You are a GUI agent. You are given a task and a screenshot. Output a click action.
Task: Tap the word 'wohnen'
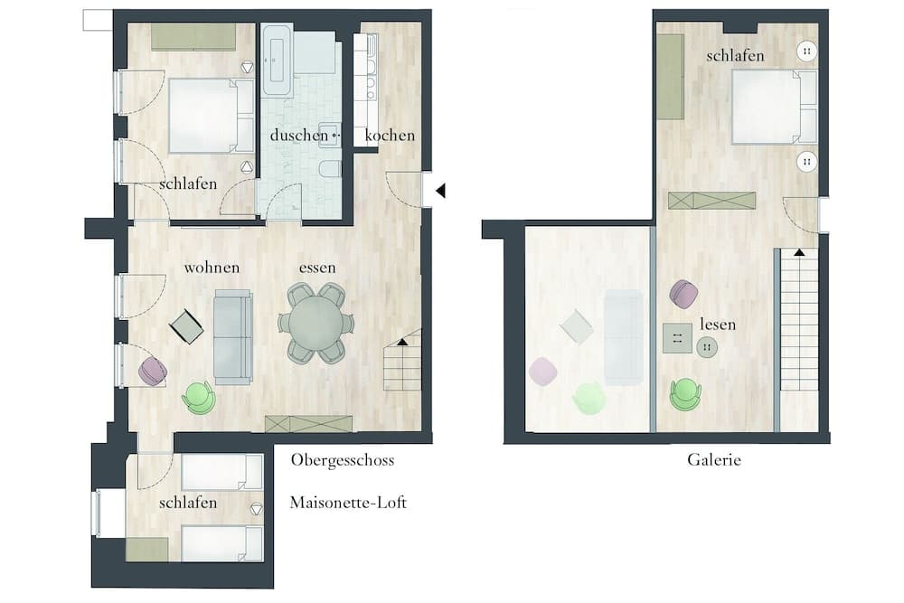tap(212, 268)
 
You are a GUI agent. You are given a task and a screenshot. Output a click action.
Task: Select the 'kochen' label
tap(390, 136)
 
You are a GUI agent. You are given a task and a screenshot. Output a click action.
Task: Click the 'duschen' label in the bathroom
tap(298, 136)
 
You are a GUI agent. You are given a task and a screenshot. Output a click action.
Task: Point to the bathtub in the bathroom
tap(277, 60)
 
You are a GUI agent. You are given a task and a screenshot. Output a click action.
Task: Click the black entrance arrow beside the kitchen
tap(440, 190)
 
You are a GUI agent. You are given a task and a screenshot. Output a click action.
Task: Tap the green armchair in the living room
tap(198, 398)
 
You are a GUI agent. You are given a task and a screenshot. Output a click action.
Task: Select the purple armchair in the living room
tap(153, 372)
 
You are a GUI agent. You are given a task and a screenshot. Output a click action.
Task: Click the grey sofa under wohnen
tap(233, 337)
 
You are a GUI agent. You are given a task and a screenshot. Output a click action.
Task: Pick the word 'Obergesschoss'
tap(343, 460)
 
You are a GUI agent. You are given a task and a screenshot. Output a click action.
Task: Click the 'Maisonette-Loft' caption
tap(348, 502)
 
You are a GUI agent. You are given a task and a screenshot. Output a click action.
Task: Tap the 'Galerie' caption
tap(714, 459)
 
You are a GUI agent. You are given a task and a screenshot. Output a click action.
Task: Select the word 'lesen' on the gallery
tap(718, 325)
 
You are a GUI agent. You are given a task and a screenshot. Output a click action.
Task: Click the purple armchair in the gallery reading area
tap(684, 294)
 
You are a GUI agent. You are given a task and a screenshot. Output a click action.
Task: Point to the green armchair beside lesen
tap(685, 394)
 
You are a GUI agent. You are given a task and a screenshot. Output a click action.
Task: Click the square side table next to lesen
tap(677, 338)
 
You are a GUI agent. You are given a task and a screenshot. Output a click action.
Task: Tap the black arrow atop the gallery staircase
tap(799, 252)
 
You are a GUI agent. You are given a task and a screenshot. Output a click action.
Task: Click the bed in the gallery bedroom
tap(775, 107)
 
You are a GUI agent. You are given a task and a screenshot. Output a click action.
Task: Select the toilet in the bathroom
tap(330, 169)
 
